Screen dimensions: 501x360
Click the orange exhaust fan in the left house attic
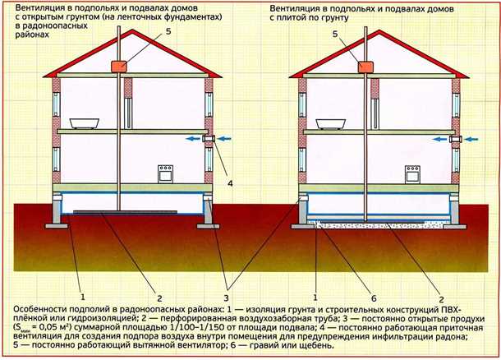(119, 67)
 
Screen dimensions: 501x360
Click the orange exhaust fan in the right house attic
(365, 67)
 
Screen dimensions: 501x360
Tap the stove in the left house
(165, 174)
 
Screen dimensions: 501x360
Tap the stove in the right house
(412, 174)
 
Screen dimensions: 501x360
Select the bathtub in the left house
(85, 123)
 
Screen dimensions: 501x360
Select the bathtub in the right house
(331, 124)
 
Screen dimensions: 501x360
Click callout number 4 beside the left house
(230, 183)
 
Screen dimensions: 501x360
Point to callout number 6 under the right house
(374, 298)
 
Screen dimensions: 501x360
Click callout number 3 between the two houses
(226, 298)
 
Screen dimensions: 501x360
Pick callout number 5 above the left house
(168, 32)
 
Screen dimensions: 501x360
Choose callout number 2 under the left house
(159, 298)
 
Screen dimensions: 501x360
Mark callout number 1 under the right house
(315, 298)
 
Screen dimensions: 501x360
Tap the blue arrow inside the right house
(439, 139)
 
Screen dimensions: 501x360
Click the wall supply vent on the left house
(209, 139)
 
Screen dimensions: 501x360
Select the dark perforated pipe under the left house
(125, 212)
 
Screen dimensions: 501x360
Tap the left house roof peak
(132, 30)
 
